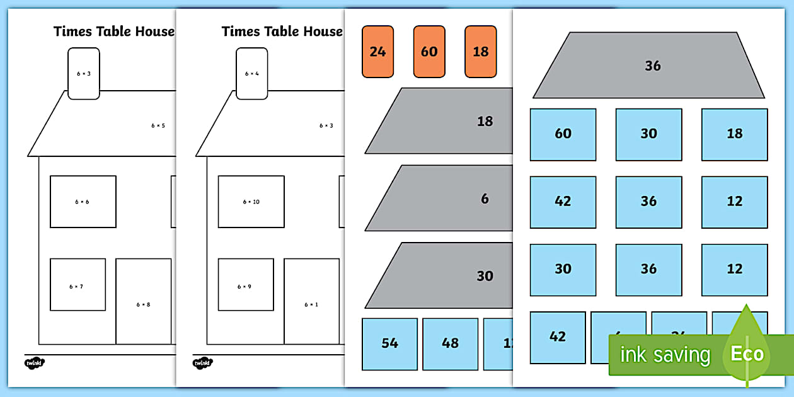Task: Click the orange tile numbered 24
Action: (377, 52)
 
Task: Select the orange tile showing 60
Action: (429, 52)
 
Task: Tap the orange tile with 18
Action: (480, 52)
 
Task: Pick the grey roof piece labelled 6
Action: (447, 198)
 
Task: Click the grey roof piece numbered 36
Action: (649, 66)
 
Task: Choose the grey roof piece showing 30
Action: (447, 275)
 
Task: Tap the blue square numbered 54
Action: (389, 343)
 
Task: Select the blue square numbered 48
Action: (450, 343)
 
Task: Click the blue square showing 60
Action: (563, 134)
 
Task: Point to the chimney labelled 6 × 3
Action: (84, 74)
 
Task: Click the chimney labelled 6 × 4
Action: (252, 74)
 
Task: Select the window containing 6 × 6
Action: (83, 202)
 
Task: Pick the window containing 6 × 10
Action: (251, 202)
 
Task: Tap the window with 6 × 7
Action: (78, 284)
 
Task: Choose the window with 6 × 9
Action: (246, 284)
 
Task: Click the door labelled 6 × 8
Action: (144, 302)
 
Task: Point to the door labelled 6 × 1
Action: (311, 302)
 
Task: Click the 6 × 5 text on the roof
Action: (158, 125)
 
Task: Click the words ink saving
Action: (665, 355)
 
